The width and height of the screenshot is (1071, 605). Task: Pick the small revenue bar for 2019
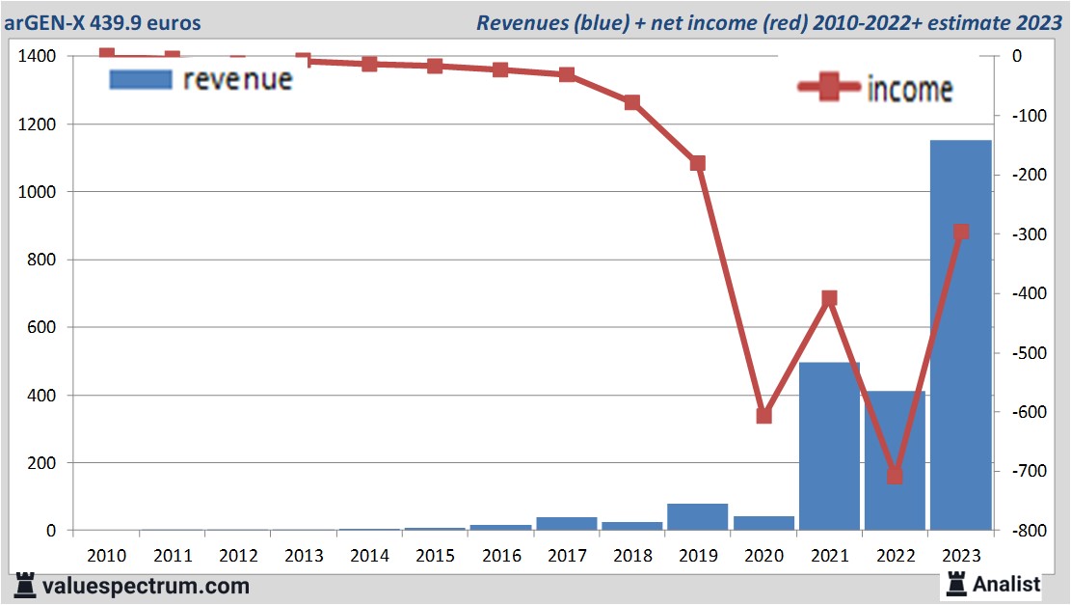click(697, 517)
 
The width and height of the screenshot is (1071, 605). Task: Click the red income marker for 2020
click(763, 416)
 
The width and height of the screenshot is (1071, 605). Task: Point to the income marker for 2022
click(895, 476)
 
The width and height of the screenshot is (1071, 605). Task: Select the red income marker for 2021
click(829, 298)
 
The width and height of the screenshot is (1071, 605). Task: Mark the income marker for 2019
click(698, 163)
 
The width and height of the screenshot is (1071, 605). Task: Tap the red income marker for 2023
click(961, 233)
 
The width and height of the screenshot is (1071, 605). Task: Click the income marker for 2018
click(632, 102)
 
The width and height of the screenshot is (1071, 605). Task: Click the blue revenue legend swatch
click(141, 80)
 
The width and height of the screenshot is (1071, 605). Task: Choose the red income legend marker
click(828, 89)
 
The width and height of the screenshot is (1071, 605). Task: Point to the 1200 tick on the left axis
click(37, 124)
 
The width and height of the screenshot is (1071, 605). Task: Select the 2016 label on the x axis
click(501, 557)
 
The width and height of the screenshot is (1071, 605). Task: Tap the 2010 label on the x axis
click(106, 557)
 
